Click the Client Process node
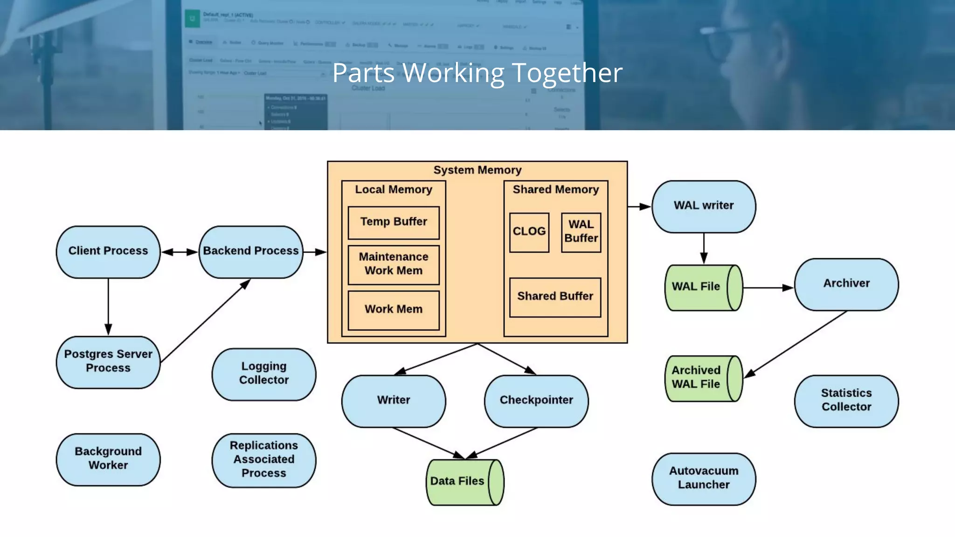click(108, 252)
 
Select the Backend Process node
click(251, 252)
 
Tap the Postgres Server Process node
click(108, 362)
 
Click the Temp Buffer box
click(394, 222)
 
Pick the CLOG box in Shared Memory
click(529, 232)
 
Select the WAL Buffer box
click(581, 232)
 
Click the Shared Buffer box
click(555, 297)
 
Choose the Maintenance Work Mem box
click(394, 264)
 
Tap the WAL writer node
click(704, 206)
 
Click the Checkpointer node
click(536, 401)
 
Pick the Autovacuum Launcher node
click(704, 479)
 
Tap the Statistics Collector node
click(846, 401)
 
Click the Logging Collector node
click(264, 374)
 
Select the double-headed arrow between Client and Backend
click(180, 252)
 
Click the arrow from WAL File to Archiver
click(768, 288)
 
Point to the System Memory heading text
click(477, 170)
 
